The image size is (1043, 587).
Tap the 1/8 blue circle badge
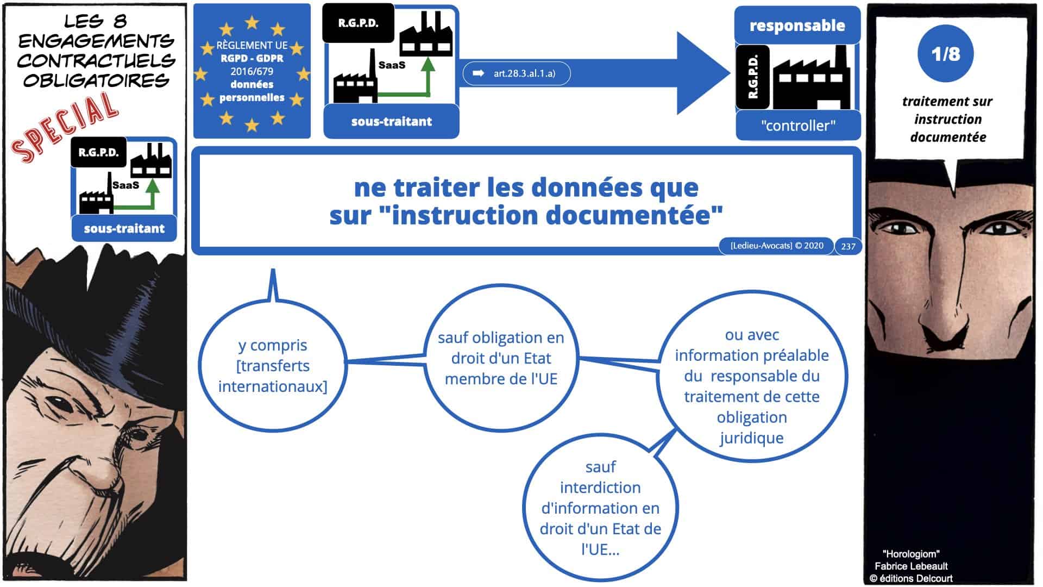coord(945,54)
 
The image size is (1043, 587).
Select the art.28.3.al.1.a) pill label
coord(516,73)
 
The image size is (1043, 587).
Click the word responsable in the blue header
coord(797,26)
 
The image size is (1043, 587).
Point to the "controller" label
coord(798,126)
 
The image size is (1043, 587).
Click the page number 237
coord(848,246)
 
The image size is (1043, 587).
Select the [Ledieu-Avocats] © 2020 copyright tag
coord(776,246)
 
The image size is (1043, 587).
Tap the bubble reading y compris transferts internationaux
coord(272,365)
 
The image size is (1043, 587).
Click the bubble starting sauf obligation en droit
coord(501,358)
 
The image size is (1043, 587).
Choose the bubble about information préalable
coord(752,386)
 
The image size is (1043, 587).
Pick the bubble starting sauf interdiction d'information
coord(600,508)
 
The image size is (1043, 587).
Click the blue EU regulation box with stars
coord(252,71)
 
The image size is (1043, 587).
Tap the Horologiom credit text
coord(911,554)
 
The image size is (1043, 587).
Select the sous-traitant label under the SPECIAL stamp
coord(124,228)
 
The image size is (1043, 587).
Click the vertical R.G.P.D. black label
coord(753,77)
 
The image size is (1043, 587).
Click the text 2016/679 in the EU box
coord(252,71)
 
